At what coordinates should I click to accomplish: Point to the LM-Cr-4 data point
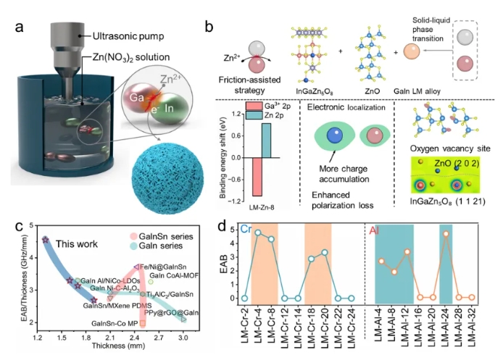click(x=257, y=232)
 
